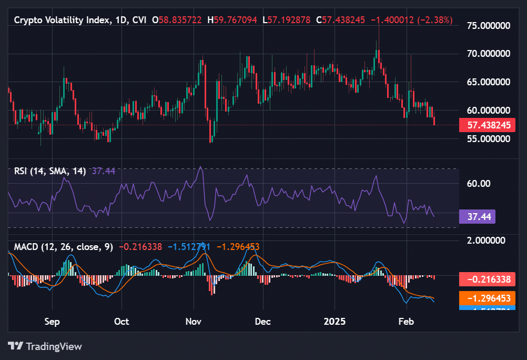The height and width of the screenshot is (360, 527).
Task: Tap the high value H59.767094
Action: (x=232, y=20)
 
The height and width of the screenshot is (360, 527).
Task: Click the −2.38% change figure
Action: (x=435, y=20)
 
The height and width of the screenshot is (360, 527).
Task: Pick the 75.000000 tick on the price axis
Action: (x=489, y=25)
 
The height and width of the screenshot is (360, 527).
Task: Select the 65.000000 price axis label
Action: (x=489, y=82)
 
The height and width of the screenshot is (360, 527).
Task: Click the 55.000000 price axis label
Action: (x=489, y=139)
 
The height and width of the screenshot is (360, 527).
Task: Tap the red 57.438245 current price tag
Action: (x=487, y=125)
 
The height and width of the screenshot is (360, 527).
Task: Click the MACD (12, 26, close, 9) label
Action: (x=63, y=246)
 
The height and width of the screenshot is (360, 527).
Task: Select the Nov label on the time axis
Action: (x=194, y=321)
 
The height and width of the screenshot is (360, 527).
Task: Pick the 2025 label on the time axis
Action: (x=335, y=321)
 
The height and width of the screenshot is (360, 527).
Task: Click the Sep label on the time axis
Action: (x=52, y=321)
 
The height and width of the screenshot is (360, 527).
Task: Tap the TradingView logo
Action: (x=45, y=346)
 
